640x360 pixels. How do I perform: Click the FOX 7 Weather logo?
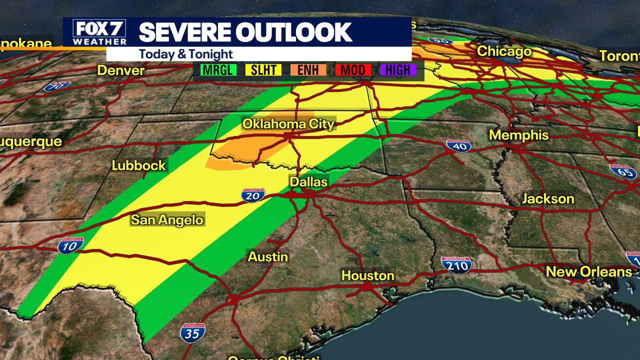point(99,32)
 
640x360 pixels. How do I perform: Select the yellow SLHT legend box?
point(263,70)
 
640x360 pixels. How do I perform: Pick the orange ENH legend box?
point(308,70)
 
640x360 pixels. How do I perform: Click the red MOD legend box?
point(353,70)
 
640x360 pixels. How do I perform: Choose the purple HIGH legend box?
point(397,70)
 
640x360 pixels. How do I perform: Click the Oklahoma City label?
point(288,123)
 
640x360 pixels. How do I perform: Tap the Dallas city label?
point(308,182)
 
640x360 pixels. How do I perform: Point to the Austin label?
point(268,257)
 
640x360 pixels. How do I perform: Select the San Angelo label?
point(167,219)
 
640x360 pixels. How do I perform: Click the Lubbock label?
point(139,165)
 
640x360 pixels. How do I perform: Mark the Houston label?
point(367,275)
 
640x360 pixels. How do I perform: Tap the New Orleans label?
point(589,271)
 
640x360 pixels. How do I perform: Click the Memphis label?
point(519,135)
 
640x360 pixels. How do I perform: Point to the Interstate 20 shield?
point(253,195)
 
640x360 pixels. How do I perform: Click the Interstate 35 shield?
point(192,332)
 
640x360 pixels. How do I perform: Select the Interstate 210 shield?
point(456,265)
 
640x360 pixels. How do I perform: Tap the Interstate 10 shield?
point(70,245)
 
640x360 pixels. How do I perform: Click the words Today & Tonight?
point(186,54)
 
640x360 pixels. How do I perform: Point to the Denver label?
point(121,70)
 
